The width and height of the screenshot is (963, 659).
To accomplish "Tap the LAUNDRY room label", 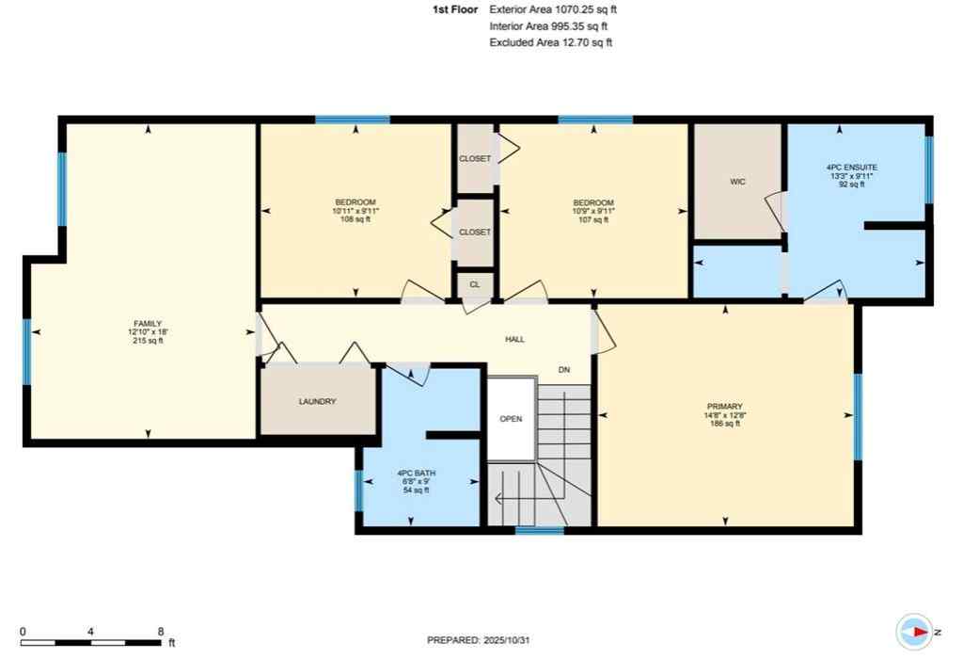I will [x=317, y=402].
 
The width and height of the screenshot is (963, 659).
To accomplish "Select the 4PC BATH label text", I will [x=416, y=473].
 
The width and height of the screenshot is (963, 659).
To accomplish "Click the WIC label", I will [x=737, y=182].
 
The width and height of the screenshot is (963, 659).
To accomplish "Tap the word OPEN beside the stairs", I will [x=511, y=419].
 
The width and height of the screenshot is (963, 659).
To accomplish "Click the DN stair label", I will [x=564, y=370].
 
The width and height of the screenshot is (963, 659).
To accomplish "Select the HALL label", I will [x=514, y=339].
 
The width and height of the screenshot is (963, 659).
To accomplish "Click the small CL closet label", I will [x=474, y=282].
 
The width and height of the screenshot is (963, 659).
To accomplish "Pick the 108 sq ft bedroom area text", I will [x=355, y=220].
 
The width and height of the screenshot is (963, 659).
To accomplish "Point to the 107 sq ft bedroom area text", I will [x=593, y=220].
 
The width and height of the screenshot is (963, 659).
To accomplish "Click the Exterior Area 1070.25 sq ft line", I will [x=553, y=8].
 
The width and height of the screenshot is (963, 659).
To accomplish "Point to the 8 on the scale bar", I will [x=161, y=632].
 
